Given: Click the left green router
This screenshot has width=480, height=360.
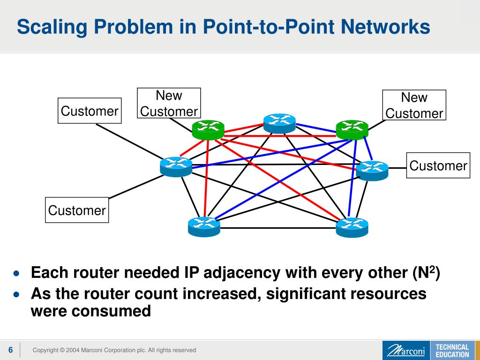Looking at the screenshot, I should (x=208, y=129).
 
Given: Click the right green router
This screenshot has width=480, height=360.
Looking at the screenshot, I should (x=352, y=129).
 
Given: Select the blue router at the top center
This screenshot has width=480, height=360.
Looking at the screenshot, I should (x=279, y=123).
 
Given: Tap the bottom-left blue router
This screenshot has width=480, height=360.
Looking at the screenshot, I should (x=204, y=226).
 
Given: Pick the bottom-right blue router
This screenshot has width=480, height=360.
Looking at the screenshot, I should (x=352, y=226).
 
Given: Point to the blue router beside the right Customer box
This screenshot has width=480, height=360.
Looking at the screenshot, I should (x=372, y=170).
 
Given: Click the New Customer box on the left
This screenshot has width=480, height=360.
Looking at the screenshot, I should (x=169, y=103).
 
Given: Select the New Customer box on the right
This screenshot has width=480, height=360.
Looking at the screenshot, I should (x=414, y=105).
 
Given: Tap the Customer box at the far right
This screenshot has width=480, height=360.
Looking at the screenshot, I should (x=438, y=165).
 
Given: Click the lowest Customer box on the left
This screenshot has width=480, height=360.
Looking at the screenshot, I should (x=77, y=210).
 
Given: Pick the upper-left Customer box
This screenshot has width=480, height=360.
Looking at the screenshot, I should (x=90, y=111).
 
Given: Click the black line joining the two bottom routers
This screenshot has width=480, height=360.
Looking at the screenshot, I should (x=278, y=228).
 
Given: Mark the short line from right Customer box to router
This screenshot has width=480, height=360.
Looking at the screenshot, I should (x=397, y=167).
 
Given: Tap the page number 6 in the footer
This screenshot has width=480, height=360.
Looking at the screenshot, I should (x=10, y=350).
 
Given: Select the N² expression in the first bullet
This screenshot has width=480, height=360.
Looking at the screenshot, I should (x=429, y=272).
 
